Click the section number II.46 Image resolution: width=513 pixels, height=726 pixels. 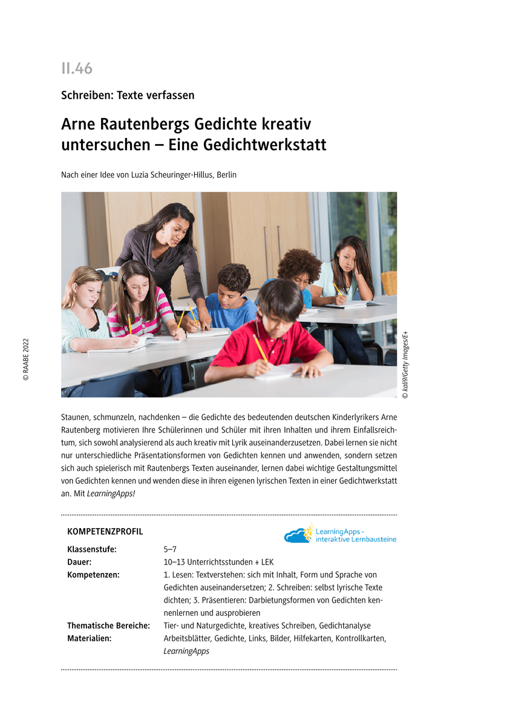point(77,68)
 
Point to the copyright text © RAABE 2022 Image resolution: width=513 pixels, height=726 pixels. point(26,359)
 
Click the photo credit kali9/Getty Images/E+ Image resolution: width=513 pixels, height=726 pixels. point(405,364)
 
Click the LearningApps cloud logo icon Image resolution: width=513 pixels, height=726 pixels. point(298,535)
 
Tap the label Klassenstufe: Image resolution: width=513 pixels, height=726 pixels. point(91,549)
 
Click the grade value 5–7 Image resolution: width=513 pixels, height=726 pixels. point(171,549)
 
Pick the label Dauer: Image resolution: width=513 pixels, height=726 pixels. point(79,562)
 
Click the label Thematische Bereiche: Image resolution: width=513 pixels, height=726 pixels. point(108,626)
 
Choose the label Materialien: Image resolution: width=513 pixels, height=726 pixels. point(90,638)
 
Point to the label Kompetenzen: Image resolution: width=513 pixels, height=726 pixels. point(93,575)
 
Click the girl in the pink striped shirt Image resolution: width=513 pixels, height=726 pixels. point(138,302)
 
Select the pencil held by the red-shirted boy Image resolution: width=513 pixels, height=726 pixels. point(260,348)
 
